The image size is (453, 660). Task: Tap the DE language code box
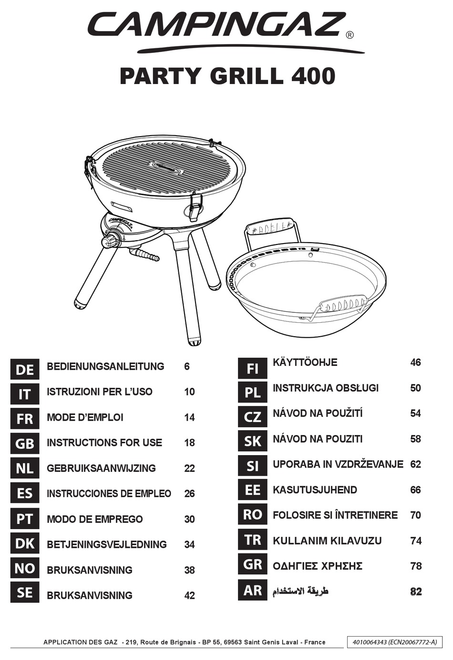click(x=25, y=369)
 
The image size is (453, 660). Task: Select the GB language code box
click(x=25, y=443)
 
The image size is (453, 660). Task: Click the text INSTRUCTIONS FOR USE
click(x=104, y=443)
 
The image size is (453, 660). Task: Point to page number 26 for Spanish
click(x=189, y=493)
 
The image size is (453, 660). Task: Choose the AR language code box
click(x=253, y=590)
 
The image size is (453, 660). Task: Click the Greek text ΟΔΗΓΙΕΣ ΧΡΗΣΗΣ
click(x=318, y=566)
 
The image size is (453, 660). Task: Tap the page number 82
click(x=416, y=591)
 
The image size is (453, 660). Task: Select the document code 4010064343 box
click(x=394, y=642)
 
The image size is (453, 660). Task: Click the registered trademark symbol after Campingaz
click(x=350, y=35)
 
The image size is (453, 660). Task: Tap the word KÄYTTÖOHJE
click(x=305, y=362)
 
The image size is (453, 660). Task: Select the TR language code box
click(x=253, y=540)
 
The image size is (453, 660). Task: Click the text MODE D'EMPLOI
click(x=85, y=417)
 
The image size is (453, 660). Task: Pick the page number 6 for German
click(x=187, y=366)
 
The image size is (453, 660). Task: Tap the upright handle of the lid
click(x=272, y=231)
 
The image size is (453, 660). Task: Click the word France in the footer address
click(x=315, y=642)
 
